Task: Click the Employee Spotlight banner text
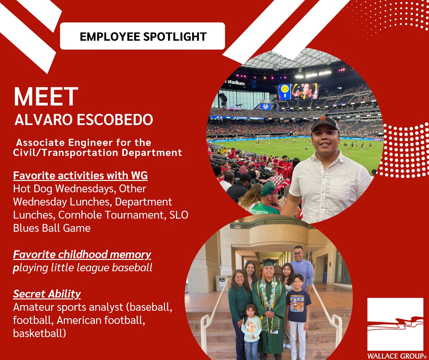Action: [143, 37]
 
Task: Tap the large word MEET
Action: [46, 96]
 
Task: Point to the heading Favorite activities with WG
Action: [80, 176]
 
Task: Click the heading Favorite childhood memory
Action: [82, 255]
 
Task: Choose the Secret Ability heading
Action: [47, 294]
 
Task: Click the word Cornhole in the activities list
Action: [80, 215]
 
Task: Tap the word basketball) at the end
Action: [40, 333]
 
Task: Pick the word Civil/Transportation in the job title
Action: [66, 153]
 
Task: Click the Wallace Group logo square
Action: [395, 324]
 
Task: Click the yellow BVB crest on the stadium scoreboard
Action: [285, 89]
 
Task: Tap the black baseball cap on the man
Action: [325, 124]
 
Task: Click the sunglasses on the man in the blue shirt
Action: [298, 253]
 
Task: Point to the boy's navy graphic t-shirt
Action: [298, 305]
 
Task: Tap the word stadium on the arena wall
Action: [236, 83]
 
